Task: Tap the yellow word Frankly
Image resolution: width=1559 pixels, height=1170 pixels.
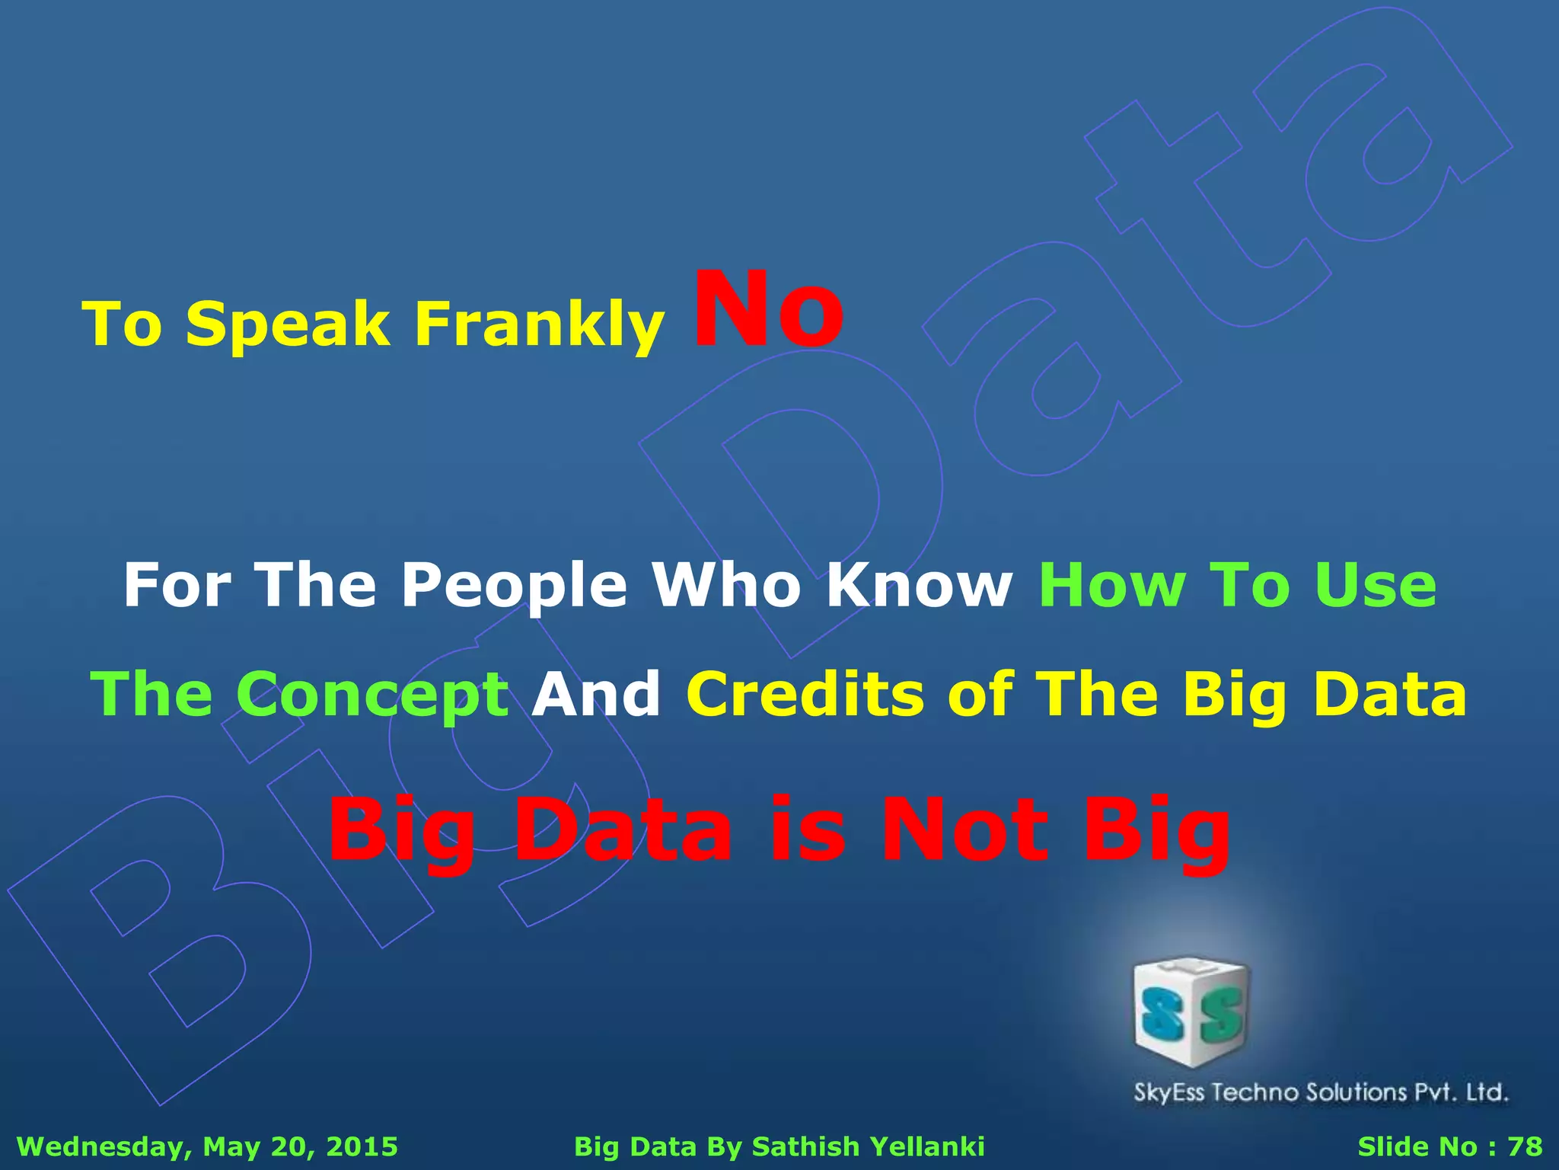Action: (x=539, y=324)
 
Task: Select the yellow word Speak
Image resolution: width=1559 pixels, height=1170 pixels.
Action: (x=288, y=324)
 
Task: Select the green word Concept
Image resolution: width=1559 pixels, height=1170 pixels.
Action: (x=372, y=695)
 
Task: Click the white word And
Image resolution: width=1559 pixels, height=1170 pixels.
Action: (x=596, y=695)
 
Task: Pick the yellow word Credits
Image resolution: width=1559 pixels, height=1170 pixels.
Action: (x=805, y=695)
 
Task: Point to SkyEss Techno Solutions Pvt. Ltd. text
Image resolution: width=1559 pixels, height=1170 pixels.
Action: (x=1321, y=1093)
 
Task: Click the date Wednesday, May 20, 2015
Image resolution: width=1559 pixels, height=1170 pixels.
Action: (x=207, y=1146)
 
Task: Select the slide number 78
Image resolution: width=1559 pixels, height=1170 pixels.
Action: (x=1525, y=1146)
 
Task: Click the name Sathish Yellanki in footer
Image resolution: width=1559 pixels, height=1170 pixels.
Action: (x=869, y=1146)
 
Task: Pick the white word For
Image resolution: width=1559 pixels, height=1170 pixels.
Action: (x=177, y=585)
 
